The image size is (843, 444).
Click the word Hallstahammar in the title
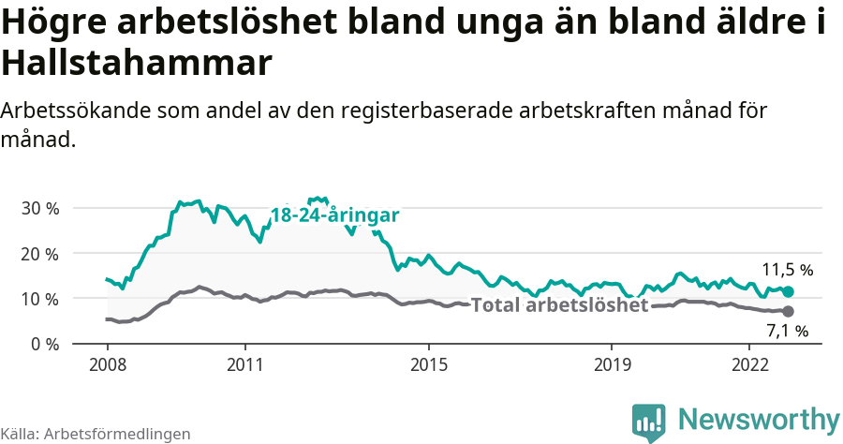pos(137,64)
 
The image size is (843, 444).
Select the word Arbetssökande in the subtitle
pos(80,111)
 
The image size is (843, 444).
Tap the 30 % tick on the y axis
pos(40,208)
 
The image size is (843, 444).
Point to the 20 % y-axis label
pos(40,254)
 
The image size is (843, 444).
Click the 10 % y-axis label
pos(40,299)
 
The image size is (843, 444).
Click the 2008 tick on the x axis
pos(107,364)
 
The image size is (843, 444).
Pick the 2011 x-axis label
pos(244,364)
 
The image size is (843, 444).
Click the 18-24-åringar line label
pos(335,215)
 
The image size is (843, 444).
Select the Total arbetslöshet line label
pos(559,305)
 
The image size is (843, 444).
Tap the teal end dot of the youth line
pos(788,292)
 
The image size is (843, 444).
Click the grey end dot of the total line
pos(788,311)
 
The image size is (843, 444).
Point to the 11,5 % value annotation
pos(787,270)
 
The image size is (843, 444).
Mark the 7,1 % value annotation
pos(787,331)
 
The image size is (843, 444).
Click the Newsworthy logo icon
pos(649,422)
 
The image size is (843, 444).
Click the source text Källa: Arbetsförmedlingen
pos(96,434)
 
